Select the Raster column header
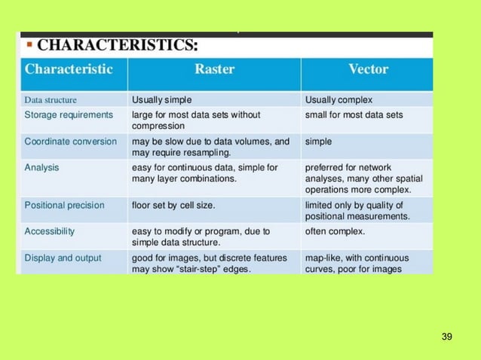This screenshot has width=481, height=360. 214,69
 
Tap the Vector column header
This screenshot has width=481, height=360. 368,69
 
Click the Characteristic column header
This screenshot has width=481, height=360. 69,69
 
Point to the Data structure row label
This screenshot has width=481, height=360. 51,99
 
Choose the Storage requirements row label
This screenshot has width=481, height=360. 69,115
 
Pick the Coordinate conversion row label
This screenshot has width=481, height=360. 71,141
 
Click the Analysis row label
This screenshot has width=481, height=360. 42,167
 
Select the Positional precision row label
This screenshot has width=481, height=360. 65,204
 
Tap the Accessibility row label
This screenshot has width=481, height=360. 50,230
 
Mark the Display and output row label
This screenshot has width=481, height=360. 63,258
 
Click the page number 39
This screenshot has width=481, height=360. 446,335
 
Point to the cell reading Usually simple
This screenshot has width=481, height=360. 161,99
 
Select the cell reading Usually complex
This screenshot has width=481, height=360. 339,99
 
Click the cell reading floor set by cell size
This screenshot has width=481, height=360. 179,204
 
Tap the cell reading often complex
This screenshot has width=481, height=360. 335,230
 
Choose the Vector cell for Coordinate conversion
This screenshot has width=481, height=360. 318,141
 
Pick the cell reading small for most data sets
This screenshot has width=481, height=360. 354,115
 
